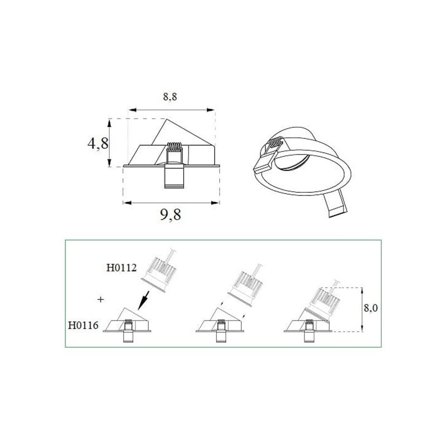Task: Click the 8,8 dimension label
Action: pos(170,96)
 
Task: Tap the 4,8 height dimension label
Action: pos(98,143)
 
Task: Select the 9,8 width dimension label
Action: pos(171,214)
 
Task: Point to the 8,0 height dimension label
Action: pos(371,308)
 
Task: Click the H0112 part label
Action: pos(122,268)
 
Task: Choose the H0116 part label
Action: pos(83,325)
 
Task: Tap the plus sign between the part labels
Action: pos(100,299)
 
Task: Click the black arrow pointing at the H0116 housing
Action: pos(143,300)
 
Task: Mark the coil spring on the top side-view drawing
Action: pos(174,147)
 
